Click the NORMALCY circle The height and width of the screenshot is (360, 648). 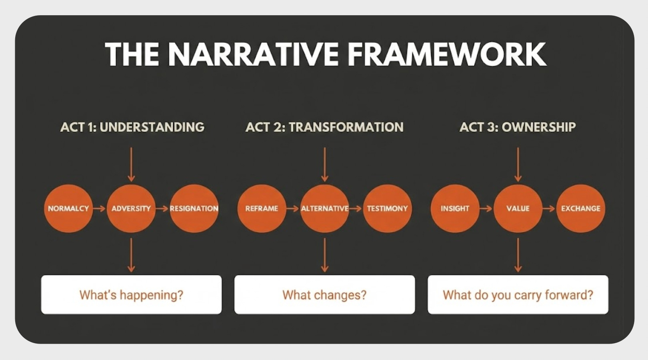pyautogui.click(x=68, y=208)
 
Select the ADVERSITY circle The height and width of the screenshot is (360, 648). pyautogui.click(x=131, y=208)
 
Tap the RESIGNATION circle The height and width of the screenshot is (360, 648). pyautogui.click(x=194, y=208)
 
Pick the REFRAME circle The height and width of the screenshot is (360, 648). pyautogui.click(x=262, y=208)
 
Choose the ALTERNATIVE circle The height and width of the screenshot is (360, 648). pyautogui.click(x=324, y=208)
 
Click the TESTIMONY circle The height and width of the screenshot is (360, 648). pyautogui.click(x=387, y=208)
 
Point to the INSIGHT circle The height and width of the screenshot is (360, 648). pyautogui.click(x=455, y=208)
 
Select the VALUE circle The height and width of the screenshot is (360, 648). pyautogui.click(x=518, y=208)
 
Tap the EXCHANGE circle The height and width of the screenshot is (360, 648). pyautogui.click(x=580, y=208)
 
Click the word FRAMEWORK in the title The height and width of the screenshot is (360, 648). pyautogui.click(x=446, y=54)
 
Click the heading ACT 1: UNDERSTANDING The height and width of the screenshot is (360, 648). pyautogui.click(x=132, y=127)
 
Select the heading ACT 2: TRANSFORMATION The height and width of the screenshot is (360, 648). pyautogui.click(x=324, y=127)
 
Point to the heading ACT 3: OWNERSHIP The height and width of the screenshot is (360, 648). pyautogui.click(x=518, y=127)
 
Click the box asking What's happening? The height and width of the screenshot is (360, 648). pyautogui.click(x=131, y=295)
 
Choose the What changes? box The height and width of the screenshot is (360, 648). pyautogui.click(x=324, y=295)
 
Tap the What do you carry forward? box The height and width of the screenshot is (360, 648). pyautogui.click(x=518, y=295)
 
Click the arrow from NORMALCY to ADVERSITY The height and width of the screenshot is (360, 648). pyautogui.click(x=100, y=208)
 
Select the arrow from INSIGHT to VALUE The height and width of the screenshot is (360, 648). pyautogui.click(x=486, y=208)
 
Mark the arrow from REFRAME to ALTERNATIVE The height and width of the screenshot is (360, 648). pyautogui.click(x=293, y=208)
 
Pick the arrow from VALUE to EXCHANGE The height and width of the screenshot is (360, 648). pyautogui.click(x=549, y=208)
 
